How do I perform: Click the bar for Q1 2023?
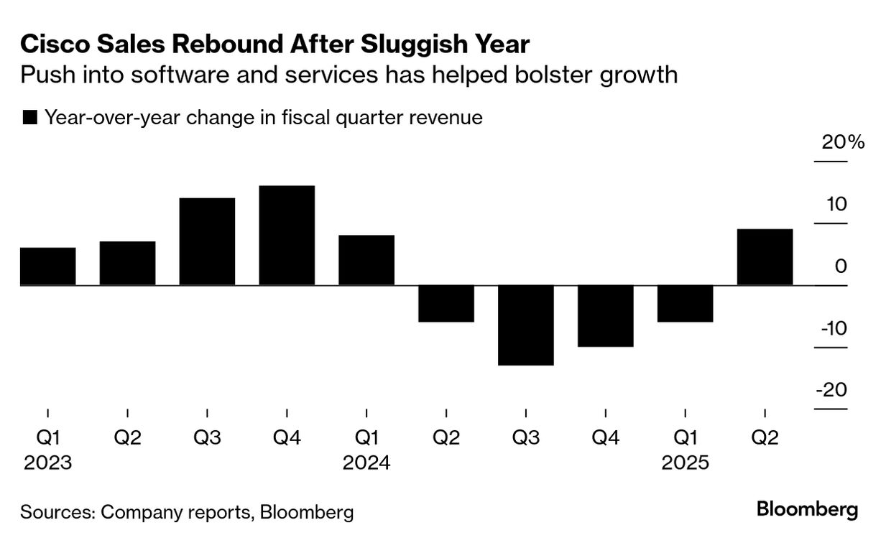click(47, 266)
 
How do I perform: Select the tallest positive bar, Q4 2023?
click(287, 236)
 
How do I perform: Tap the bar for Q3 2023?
click(207, 241)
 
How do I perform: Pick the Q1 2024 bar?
click(366, 260)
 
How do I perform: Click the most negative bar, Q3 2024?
click(525, 325)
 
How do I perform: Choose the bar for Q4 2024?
click(605, 316)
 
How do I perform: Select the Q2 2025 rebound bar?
click(765, 257)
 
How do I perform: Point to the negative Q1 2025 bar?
click(685, 304)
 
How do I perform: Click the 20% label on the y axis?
click(843, 142)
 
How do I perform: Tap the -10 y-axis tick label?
click(831, 328)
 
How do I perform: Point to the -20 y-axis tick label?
click(831, 390)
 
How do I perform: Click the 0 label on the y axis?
click(841, 266)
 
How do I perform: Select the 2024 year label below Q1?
click(366, 463)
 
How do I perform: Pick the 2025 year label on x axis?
click(685, 463)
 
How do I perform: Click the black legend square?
click(30, 118)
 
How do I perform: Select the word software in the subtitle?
click(172, 75)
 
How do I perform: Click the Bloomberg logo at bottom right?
click(807, 510)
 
